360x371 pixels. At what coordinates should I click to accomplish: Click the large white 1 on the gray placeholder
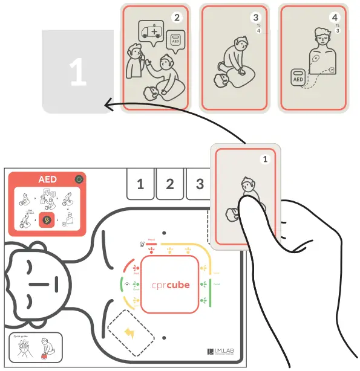(x=77, y=73)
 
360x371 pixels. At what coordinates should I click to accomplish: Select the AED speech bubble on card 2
(x=175, y=40)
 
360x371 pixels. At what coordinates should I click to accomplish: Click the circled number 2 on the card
(x=177, y=17)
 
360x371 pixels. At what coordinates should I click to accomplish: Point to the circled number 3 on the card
(x=256, y=18)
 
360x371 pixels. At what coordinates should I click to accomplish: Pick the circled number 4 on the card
(x=335, y=18)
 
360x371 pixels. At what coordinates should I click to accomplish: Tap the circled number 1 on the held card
(x=264, y=160)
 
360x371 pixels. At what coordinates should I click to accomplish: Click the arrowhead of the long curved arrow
(x=108, y=105)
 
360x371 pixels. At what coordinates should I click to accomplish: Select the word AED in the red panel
(x=47, y=180)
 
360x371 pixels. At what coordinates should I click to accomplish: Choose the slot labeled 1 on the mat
(x=140, y=184)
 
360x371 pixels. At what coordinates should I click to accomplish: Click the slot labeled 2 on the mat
(x=170, y=184)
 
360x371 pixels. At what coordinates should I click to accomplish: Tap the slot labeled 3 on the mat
(x=199, y=184)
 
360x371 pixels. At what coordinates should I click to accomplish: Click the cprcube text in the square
(x=170, y=285)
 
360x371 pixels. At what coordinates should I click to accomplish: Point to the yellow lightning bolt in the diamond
(x=131, y=332)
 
